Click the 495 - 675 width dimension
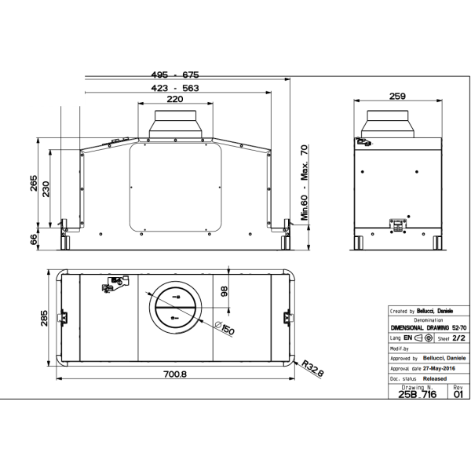click(x=174, y=75)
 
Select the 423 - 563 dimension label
click(x=174, y=88)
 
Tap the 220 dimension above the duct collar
click(x=173, y=100)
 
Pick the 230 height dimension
click(x=48, y=190)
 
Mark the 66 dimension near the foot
click(x=35, y=239)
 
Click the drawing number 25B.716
click(x=418, y=394)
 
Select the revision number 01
click(x=458, y=394)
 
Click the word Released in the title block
click(x=433, y=378)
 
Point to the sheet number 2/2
click(x=458, y=338)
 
